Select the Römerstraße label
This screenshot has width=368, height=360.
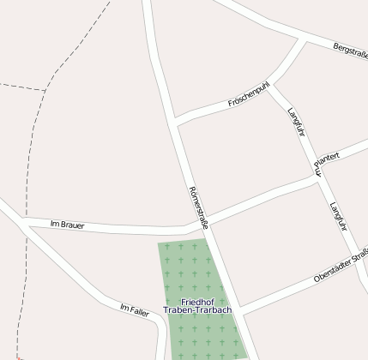coord(198,207)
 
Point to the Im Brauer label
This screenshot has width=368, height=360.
coord(67,225)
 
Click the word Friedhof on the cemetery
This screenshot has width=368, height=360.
coord(197,301)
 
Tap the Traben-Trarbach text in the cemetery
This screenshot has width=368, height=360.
coord(197,310)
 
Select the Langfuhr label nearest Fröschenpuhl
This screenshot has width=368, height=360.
coord(297,122)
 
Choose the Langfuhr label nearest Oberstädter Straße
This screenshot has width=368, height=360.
coord(338,217)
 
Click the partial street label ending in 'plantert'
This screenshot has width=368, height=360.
coord(327,158)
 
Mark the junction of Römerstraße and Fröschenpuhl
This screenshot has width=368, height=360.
coord(176,121)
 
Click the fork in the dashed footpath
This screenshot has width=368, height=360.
coord(45,89)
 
